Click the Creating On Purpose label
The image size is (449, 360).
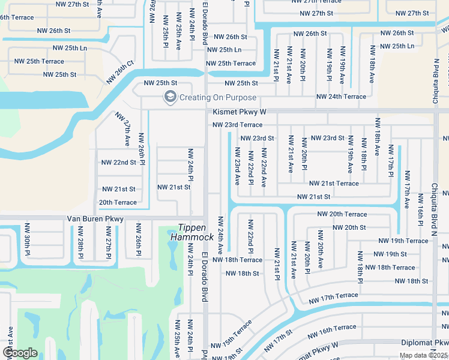coord(218,98)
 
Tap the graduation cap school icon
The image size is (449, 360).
coord(170,97)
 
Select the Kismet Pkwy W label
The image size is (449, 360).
coord(240,112)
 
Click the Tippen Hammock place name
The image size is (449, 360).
coord(196,232)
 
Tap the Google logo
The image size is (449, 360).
coord(20,352)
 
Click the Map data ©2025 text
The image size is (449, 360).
coord(423,355)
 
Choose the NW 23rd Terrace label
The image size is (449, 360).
coord(237,125)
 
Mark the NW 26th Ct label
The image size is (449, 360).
coord(120,72)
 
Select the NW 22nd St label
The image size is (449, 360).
coord(118,163)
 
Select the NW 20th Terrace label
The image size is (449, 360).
coord(342,214)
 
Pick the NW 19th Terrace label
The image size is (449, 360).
coord(403,241)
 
